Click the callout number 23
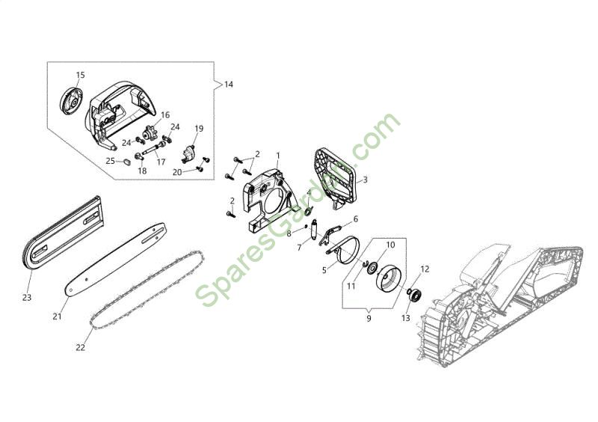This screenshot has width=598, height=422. (27, 298)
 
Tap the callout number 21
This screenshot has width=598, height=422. (58, 316)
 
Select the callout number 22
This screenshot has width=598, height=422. (81, 347)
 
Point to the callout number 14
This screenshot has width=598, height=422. (228, 85)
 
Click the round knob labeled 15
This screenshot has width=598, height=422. (71, 101)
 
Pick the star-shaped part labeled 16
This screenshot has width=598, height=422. (147, 134)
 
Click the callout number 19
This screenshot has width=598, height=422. (199, 129)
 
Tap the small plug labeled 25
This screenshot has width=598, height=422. (126, 162)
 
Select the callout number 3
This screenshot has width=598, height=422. (365, 180)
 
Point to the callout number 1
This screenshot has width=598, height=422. (278, 156)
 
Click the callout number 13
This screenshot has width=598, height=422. (405, 318)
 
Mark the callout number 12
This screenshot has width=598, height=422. (425, 269)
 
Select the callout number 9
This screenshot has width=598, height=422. (369, 319)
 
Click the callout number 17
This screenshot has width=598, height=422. (161, 162)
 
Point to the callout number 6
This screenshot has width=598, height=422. (356, 219)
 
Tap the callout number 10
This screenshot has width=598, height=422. (390, 245)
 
